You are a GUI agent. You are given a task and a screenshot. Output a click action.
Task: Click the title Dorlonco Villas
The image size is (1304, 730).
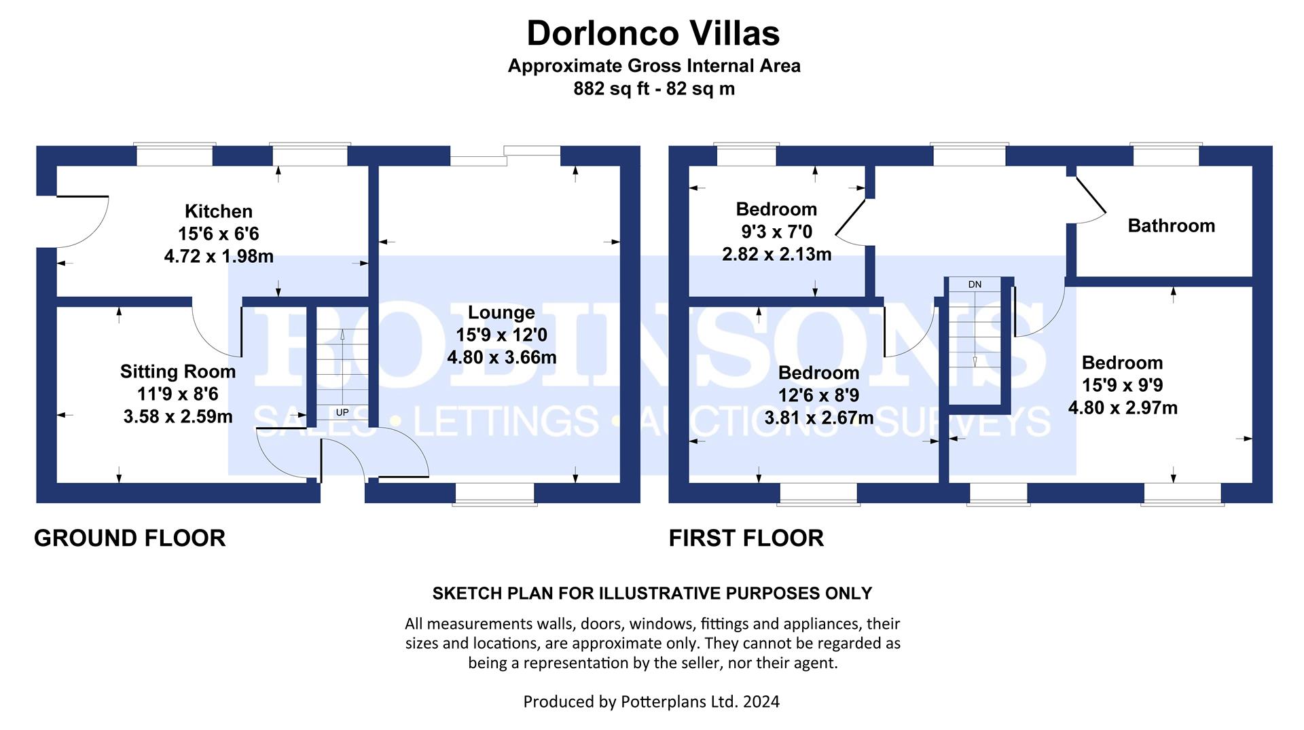653,33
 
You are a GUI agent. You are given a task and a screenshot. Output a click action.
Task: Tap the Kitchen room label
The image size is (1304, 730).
218,211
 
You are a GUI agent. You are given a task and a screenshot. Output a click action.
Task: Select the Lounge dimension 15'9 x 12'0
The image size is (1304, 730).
501,335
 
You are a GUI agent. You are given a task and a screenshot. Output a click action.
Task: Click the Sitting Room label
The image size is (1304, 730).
178,371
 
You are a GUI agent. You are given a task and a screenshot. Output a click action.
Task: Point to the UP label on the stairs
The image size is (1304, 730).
342,412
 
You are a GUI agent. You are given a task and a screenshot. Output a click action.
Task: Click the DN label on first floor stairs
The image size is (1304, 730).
975,285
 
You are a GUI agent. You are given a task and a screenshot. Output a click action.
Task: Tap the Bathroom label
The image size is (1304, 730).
1171,225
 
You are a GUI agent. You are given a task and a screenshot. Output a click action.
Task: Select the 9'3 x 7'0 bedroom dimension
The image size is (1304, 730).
776,232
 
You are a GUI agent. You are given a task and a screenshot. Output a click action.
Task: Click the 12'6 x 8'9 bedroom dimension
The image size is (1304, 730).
818,395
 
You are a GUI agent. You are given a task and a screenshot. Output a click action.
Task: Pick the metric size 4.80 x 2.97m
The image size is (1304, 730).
1123,408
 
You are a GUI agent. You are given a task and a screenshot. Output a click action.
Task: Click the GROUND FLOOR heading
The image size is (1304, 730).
130,538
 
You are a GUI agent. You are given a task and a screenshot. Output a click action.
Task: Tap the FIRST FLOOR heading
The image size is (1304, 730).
746,538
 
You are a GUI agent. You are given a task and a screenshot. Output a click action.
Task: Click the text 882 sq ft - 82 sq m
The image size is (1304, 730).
653,89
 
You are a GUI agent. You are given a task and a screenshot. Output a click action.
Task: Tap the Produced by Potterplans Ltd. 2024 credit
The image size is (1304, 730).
651,701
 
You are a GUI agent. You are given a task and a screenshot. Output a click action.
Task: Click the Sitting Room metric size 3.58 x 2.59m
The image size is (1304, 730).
178,417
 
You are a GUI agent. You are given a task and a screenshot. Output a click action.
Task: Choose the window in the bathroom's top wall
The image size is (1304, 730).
1165,156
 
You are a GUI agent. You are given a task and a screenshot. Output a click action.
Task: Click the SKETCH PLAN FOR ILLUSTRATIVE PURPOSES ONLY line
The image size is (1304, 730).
652,593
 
